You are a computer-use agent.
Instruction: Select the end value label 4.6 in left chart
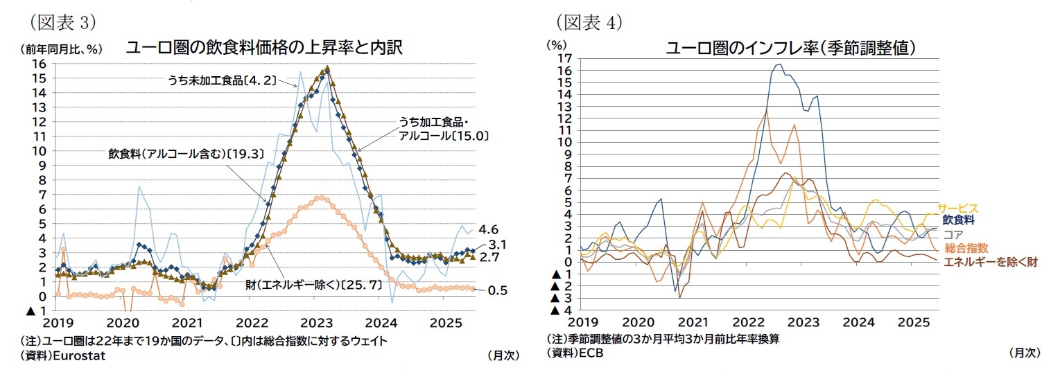click(488, 229)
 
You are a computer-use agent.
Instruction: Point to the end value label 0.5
click(497, 290)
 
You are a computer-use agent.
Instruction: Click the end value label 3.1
click(497, 245)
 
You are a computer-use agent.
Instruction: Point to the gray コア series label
click(953, 234)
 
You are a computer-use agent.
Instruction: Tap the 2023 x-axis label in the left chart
click(315, 323)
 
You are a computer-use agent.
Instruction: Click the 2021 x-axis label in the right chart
click(693, 323)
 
